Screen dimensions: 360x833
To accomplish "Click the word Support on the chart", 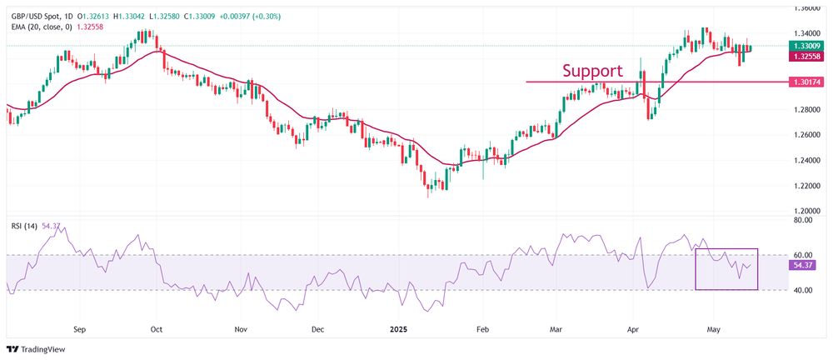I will [592, 70].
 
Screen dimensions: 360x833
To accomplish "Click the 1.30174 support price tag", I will [806, 82].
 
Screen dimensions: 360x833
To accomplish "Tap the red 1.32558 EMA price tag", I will [806, 57].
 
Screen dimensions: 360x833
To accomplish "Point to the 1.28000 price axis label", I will [805, 109].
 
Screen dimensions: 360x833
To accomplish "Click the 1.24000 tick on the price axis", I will [805, 160].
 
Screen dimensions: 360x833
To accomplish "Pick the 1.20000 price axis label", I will [805, 211].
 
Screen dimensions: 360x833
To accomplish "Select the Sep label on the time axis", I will [79, 329].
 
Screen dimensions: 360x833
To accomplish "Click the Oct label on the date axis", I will [156, 329].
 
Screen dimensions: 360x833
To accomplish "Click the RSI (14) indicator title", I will [24, 225].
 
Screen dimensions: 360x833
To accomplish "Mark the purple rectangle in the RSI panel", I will [726, 269].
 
